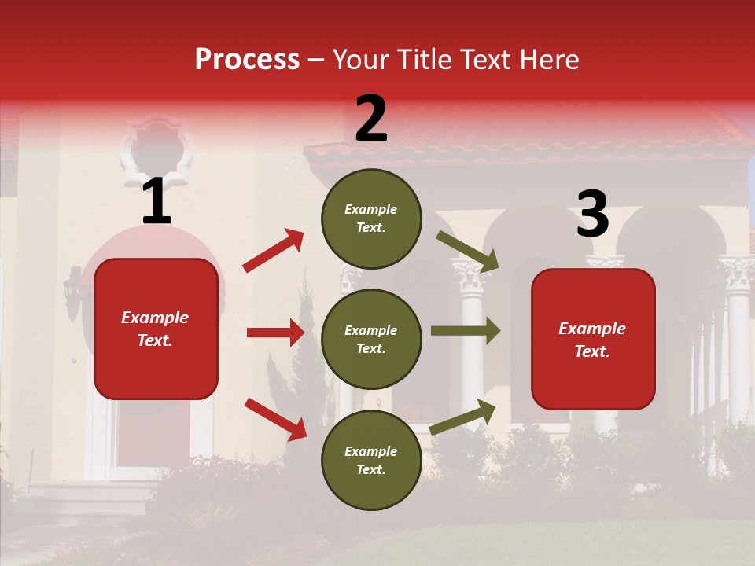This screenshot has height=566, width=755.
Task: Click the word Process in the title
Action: click(247, 60)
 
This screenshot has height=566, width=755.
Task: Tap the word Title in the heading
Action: click(422, 60)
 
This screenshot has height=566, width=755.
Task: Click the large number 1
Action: click(157, 202)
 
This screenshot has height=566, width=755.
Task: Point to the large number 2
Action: click(371, 119)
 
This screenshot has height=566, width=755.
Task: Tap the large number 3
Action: click(592, 215)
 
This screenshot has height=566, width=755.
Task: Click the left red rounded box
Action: click(156, 329)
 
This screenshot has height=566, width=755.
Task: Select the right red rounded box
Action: click(593, 340)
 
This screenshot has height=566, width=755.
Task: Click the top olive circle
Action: click(371, 219)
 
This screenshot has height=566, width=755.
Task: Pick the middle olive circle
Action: click(371, 339)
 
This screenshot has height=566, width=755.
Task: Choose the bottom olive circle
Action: click(371, 460)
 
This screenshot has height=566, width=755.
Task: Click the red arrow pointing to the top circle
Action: click(273, 251)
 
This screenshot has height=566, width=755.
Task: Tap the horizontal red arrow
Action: click(275, 333)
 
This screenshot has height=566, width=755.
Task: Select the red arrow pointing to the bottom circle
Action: click(275, 419)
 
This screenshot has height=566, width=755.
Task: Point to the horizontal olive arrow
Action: click(465, 330)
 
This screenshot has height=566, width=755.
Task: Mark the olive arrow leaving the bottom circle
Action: click(463, 417)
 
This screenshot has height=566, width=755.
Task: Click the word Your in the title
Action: click(363, 60)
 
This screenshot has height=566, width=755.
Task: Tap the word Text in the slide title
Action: click(483, 60)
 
